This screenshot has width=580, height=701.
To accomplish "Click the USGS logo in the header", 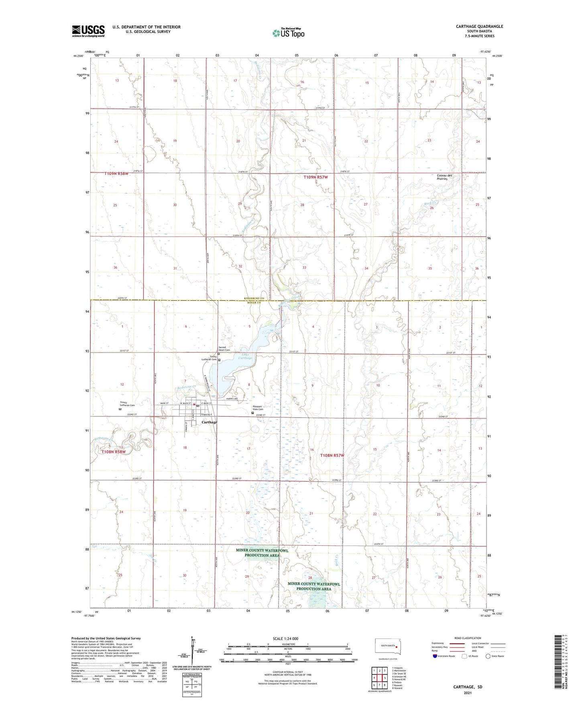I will [x=88, y=31].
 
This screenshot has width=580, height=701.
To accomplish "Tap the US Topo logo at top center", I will [x=288, y=33].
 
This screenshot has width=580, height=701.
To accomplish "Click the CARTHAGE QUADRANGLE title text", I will [x=479, y=26].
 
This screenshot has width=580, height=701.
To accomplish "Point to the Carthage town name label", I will [x=209, y=422].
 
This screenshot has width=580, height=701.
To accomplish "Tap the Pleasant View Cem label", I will [x=258, y=408].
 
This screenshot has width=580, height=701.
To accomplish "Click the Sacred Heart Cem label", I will [x=224, y=348].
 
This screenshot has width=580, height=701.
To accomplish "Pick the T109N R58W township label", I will [x=116, y=173].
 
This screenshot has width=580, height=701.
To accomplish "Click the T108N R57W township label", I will [x=332, y=455].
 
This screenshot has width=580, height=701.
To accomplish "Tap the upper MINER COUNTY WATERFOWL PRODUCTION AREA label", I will [x=262, y=553].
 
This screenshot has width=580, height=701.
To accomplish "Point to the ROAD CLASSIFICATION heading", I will [x=468, y=638].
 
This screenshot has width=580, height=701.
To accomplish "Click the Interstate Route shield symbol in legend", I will [x=435, y=656].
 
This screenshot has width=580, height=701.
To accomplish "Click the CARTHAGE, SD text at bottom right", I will [x=468, y=687].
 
